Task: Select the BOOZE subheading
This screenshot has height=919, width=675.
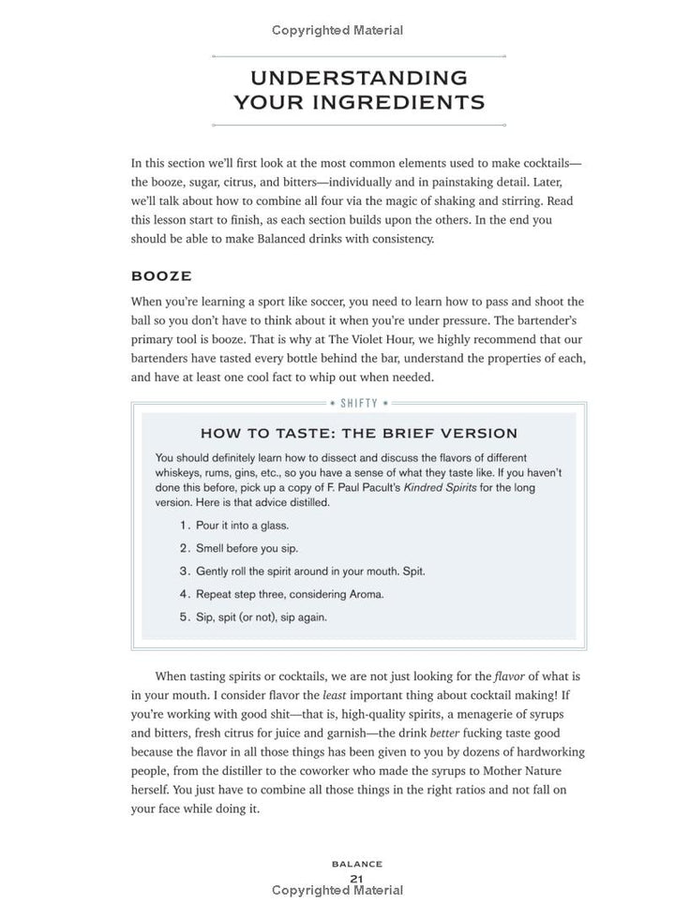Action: click(x=161, y=276)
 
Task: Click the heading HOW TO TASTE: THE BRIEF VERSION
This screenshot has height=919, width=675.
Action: click(x=359, y=433)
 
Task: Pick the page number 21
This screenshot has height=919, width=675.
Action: click(x=356, y=878)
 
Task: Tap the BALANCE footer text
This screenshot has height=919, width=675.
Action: click(x=356, y=864)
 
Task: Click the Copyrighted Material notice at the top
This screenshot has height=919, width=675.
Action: click(x=337, y=30)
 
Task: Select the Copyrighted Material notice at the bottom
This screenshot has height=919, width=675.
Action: click(x=337, y=890)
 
